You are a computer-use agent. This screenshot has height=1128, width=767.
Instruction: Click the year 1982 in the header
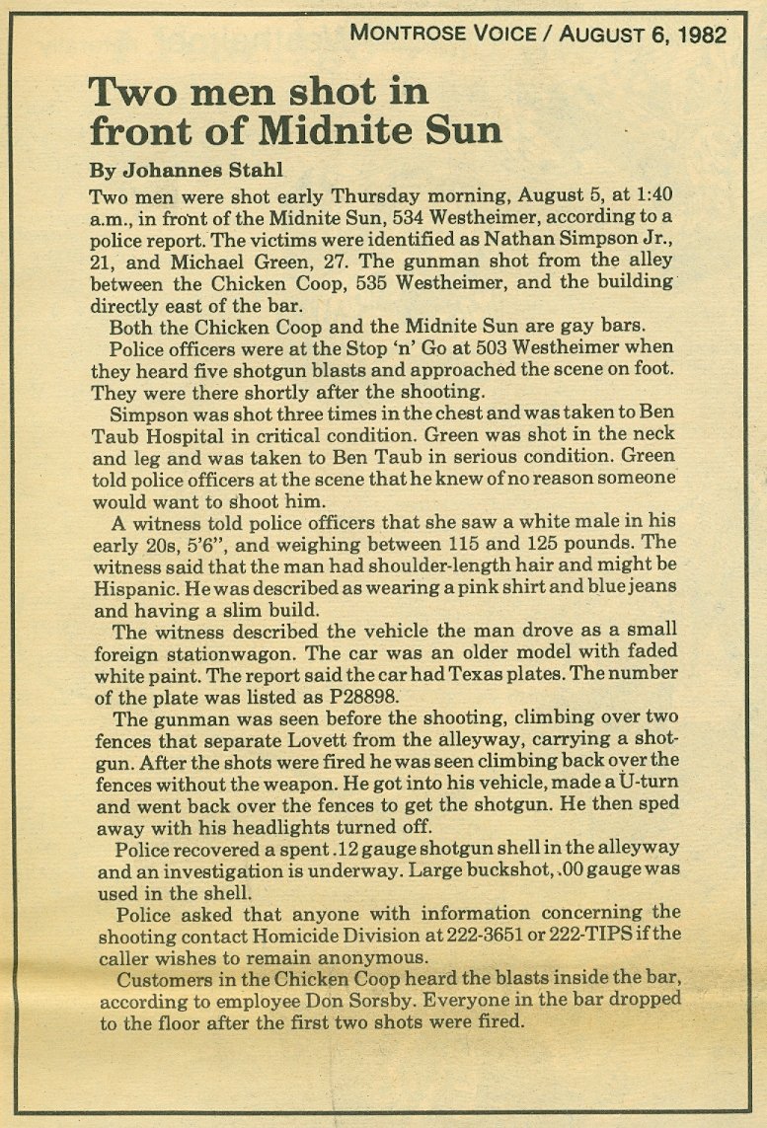coord(702,37)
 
